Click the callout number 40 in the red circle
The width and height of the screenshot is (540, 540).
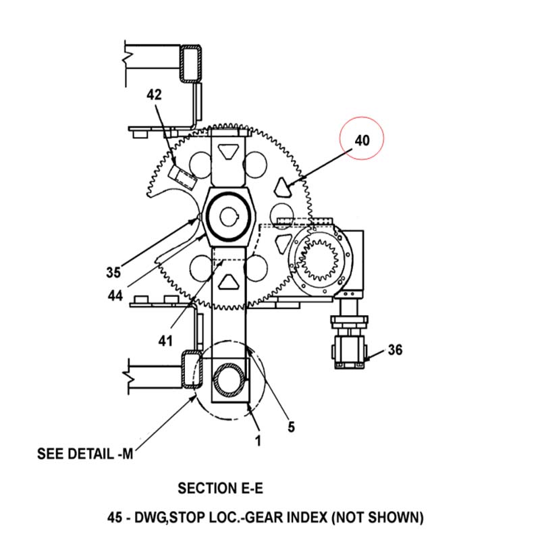point(362,140)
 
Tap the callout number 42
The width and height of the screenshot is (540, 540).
point(154,94)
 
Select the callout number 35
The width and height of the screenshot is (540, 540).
point(113,273)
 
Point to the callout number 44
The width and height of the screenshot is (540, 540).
point(115,296)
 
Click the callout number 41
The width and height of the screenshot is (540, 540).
point(165,341)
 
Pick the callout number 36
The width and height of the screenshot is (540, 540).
point(395,350)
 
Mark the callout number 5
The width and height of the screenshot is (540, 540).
point(292,427)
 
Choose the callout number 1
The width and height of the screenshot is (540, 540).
point(258,441)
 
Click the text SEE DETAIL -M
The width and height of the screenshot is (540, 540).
point(85,454)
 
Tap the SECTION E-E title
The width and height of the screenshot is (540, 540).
point(221,488)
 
